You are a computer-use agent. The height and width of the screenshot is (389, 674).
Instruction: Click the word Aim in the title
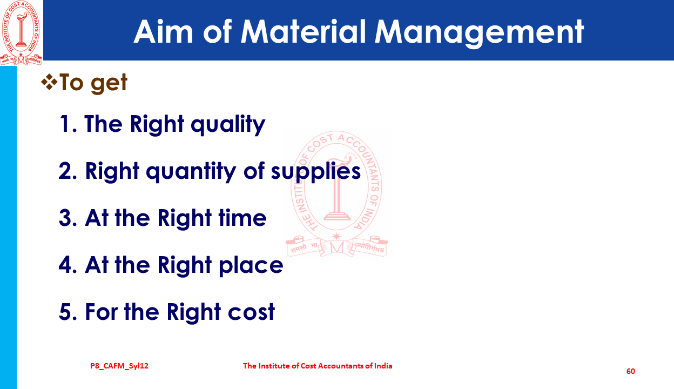(163, 32)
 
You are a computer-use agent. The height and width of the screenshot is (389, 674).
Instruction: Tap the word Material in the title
(303, 32)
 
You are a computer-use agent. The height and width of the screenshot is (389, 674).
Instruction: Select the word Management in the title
(480, 33)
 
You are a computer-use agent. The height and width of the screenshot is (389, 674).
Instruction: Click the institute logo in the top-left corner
(21, 32)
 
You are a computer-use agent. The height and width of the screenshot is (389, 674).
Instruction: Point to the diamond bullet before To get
(49, 82)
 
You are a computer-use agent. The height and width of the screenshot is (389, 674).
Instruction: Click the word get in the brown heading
(109, 83)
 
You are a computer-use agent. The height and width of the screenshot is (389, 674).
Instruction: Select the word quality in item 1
(228, 125)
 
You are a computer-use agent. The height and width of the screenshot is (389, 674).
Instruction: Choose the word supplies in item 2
(315, 172)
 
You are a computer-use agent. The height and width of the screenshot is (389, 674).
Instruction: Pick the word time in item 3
(242, 218)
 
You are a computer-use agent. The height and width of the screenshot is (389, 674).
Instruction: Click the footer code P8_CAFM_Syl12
(119, 366)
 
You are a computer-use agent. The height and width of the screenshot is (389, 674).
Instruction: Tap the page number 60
(631, 371)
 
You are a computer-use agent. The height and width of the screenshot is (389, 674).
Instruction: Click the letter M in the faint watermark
(336, 248)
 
